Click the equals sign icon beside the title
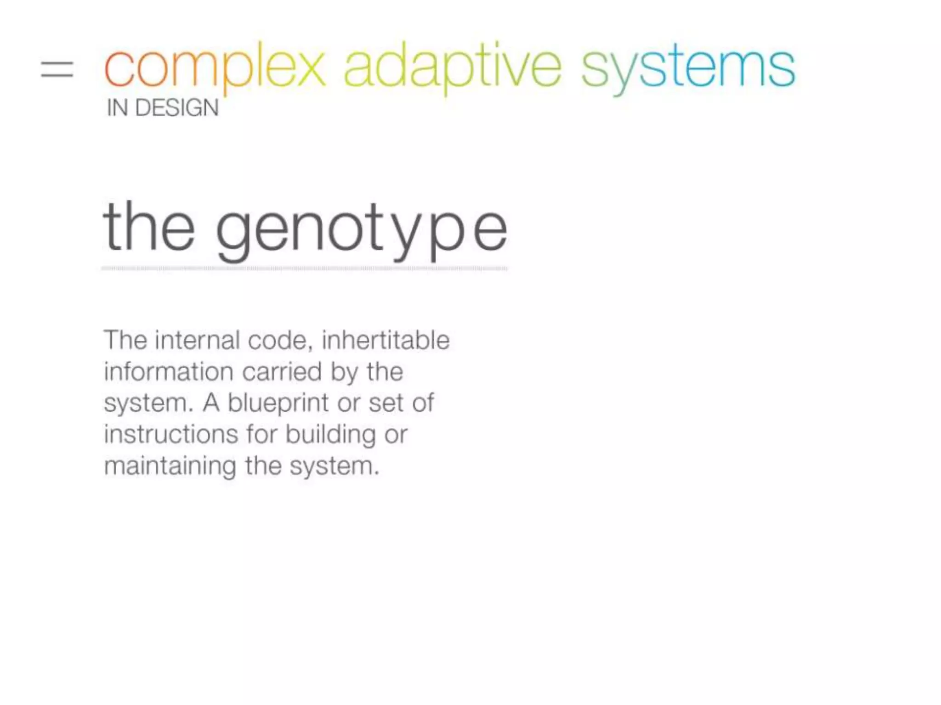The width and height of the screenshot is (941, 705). pyautogui.click(x=57, y=70)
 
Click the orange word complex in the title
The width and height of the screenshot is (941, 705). pyautogui.click(x=215, y=69)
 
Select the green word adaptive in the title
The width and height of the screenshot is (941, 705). pyautogui.click(x=453, y=69)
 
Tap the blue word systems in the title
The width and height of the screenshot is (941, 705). pyautogui.click(x=688, y=69)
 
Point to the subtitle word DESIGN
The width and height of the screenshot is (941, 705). pyautogui.click(x=177, y=108)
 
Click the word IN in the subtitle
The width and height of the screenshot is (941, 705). pyautogui.click(x=117, y=108)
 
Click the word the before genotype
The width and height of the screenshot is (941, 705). pyautogui.click(x=149, y=227)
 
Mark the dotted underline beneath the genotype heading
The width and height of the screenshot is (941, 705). pyautogui.click(x=304, y=269)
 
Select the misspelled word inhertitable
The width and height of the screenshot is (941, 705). pyautogui.click(x=385, y=341)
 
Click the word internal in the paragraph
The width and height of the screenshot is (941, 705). pyautogui.click(x=198, y=341)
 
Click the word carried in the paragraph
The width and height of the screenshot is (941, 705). pyautogui.click(x=282, y=372)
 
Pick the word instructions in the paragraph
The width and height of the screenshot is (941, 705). pyautogui.click(x=171, y=434)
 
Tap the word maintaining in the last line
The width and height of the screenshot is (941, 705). pyautogui.click(x=170, y=466)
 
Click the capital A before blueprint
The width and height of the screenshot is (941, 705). pyautogui.click(x=211, y=403)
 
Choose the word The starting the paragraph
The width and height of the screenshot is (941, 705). pyautogui.click(x=125, y=341)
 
